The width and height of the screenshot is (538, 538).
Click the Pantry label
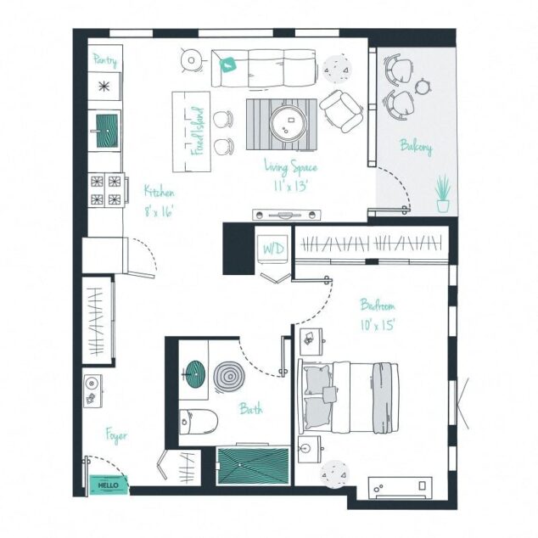click(105, 61)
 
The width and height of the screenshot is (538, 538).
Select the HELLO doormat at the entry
click(109, 485)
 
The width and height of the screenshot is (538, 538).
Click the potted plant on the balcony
click(442, 193)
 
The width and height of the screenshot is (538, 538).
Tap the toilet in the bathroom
click(200, 418)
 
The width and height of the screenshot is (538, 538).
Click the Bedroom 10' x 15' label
click(378, 314)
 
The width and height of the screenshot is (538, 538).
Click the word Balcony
click(416, 148)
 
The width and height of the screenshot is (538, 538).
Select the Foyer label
click(116, 436)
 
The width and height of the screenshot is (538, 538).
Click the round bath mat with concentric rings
click(228, 376)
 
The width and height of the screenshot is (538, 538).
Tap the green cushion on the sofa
click(227, 63)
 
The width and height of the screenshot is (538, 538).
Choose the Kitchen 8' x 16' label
click(159, 201)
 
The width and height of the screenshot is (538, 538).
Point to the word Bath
click(250, 409)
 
